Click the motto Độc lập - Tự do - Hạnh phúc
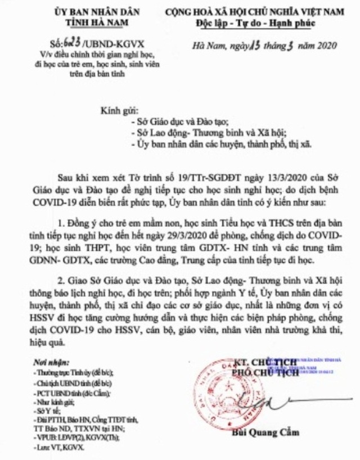[x=247, y=22]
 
